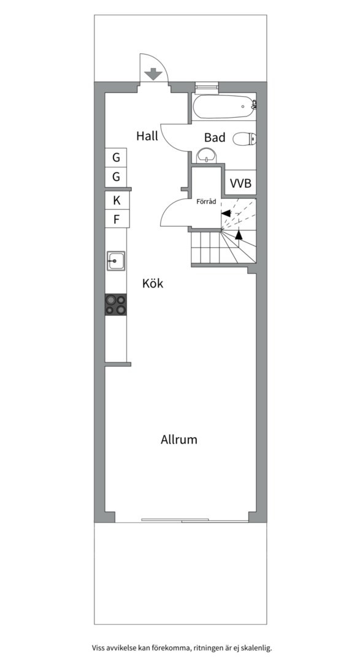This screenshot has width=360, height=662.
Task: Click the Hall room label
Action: pos(147,136)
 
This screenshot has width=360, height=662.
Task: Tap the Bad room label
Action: pos(215,138)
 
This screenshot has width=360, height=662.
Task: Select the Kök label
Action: pos(153,284)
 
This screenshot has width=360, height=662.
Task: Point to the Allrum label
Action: pos(179,439)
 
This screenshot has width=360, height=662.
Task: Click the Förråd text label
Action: pos(206,201)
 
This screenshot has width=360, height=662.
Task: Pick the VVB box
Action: pos(240,183)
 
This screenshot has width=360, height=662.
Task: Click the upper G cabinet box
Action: pos(116,158)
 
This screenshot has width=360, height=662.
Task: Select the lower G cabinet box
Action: pos(116,178)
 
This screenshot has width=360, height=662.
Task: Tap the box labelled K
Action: pos(116,200)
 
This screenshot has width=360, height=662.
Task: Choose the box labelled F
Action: pos(116,219)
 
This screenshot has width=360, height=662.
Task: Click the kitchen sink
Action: pos(115,261)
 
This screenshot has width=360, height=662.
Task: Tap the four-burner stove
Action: pos(116,305)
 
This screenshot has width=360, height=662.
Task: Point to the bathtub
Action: pos(223,107)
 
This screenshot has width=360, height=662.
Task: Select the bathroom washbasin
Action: pos(207,158)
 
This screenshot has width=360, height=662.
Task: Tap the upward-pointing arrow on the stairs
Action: pos(239,234)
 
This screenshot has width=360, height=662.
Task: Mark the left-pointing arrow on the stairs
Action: pos(226,213)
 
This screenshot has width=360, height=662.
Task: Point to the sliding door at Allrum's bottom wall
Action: pos(182,520)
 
